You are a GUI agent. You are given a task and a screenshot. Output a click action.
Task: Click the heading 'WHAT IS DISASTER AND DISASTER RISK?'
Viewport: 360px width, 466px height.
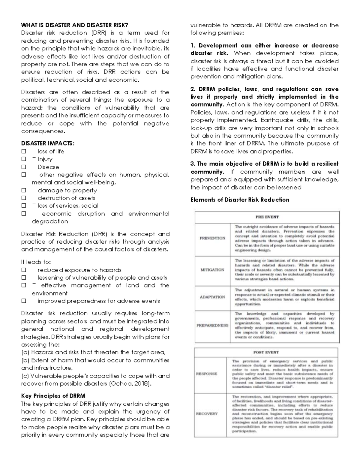[74, 25]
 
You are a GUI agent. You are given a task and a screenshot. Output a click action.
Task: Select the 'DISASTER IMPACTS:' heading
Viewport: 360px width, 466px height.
[48, 143]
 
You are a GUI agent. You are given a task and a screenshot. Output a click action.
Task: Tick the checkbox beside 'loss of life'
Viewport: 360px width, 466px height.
[24, 151]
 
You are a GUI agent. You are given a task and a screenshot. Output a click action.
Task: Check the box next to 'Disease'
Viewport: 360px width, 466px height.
[24, 167]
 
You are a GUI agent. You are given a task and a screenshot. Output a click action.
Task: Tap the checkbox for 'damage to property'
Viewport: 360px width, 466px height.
[24, 190]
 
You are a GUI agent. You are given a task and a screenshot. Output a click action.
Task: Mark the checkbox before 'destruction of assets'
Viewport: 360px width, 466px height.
[24, 198]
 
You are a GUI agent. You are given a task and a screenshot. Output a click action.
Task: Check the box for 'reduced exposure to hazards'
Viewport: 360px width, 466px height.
[24, 270]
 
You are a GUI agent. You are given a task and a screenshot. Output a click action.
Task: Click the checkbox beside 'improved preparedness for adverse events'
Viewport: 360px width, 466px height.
[24, 301]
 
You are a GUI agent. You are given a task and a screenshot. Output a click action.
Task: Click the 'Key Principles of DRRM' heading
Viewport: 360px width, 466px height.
[53, 396]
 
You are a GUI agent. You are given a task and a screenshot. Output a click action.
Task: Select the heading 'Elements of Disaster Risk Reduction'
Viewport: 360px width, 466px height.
[240, 200]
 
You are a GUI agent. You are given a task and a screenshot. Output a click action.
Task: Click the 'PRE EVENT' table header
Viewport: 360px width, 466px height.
[267, 217]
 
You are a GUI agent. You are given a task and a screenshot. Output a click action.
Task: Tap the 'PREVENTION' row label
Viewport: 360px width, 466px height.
[212, 238]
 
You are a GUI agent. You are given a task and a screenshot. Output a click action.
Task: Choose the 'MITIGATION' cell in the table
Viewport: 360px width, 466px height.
[212, 270]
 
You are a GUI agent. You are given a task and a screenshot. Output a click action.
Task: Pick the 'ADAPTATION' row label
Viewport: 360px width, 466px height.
[212, 297]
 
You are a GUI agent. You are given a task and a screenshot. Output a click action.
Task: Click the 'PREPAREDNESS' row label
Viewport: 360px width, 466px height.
[212, 325]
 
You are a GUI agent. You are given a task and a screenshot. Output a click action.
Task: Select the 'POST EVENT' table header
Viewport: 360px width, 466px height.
[266, 352]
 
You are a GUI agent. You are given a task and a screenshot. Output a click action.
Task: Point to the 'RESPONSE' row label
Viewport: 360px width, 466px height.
[206, 374]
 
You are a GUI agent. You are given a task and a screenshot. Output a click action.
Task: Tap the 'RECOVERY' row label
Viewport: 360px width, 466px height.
[206, 414]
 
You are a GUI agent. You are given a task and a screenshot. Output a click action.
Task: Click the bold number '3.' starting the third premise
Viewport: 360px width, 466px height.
[193, 164]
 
